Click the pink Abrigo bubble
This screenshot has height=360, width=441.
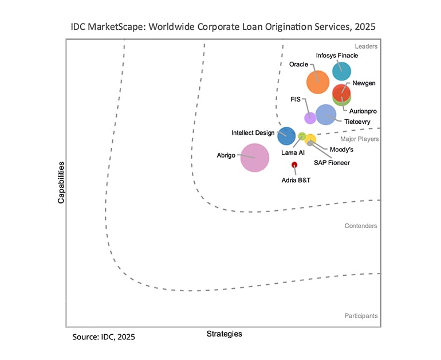(254, 158)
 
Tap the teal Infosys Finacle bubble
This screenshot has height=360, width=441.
(342, 71)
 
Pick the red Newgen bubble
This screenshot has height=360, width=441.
(342, 92)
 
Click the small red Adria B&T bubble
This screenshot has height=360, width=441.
(294, 165)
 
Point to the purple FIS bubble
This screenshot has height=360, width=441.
(310, 118)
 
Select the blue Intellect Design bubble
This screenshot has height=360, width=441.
(286, 135)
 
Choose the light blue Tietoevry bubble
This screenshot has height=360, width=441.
(326, 115)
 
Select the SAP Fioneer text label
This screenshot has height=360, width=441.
(332, 162)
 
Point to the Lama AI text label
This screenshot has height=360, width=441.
(293, 152)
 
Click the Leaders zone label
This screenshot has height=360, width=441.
(366, 46)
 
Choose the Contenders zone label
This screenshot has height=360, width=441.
(361, 226)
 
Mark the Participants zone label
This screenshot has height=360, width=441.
(361, 316)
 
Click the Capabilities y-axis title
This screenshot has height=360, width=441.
(61, 182)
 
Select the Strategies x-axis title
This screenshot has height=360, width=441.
(224, 334)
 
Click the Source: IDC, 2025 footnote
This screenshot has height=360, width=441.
(104, 337)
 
